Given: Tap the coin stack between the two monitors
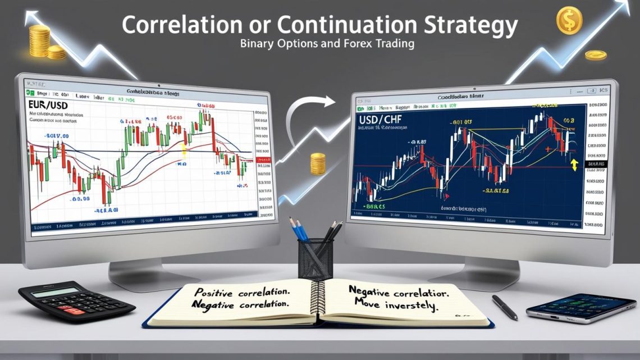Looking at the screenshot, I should [x=318, y=163].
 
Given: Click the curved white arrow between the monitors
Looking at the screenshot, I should [x=306, y=112].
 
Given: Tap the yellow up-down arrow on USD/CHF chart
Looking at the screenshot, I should [x=573, y=165].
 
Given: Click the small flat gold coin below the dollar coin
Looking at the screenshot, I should [x=595, y=54].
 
